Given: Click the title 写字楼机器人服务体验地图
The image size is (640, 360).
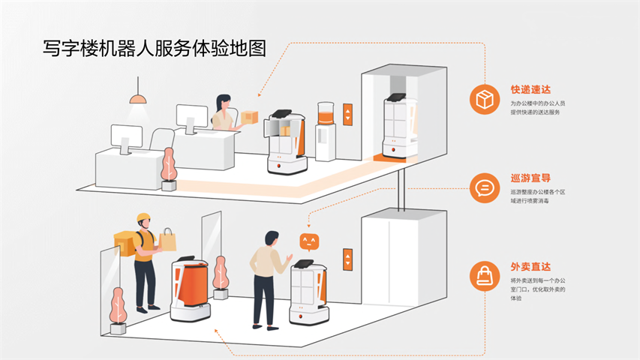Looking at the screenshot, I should coord(155,49).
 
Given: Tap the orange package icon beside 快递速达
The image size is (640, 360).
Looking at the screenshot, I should coord(484,99).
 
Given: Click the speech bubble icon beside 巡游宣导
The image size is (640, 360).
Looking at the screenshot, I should coord(484,187).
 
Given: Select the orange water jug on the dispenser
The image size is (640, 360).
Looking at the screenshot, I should coord(325,114).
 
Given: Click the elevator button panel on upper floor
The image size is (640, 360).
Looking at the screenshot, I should coord(347,114).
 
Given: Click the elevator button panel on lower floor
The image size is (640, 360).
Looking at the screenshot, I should coord(347,259).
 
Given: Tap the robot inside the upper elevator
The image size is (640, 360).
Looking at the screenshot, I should coord(395,126).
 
